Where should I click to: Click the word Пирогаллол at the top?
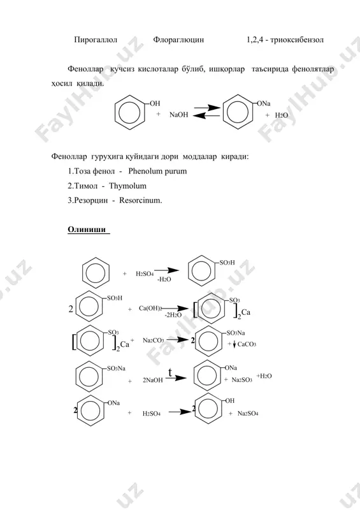click(96, 40)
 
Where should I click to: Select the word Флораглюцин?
click(178, 40)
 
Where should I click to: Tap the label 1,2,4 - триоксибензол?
click(285, 40)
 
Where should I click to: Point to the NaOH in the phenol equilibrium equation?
click(178, 115)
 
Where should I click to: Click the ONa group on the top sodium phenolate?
click(264, 104)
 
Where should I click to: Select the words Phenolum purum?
click(158, 171)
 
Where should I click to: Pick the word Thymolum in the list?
click(128, 186)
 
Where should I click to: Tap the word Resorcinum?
click(140, 200)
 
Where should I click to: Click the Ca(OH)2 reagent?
click(150, 308)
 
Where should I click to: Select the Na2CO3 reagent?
click(153, 340)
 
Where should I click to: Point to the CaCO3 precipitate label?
click(247, 344)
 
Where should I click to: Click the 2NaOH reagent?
click(153, 380)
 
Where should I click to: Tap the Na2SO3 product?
click(241, 379)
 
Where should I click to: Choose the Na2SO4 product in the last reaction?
click(248, 413)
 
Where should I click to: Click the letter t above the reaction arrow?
click(170, 372)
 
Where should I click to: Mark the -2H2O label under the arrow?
click(173, 315)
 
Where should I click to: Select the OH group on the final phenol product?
click(230, 401)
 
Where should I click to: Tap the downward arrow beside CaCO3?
click(234, 344)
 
